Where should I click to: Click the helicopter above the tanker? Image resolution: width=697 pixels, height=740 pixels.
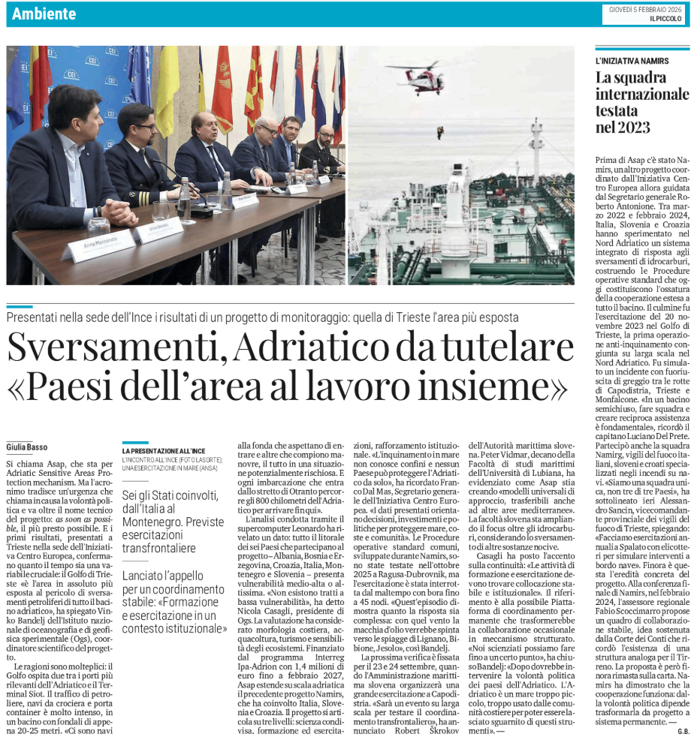click(x=418, y=77)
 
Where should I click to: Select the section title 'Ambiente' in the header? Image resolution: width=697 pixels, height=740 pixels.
click(x=44, y=14)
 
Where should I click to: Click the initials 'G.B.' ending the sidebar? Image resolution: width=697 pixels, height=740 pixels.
click(x=683, y=731)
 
